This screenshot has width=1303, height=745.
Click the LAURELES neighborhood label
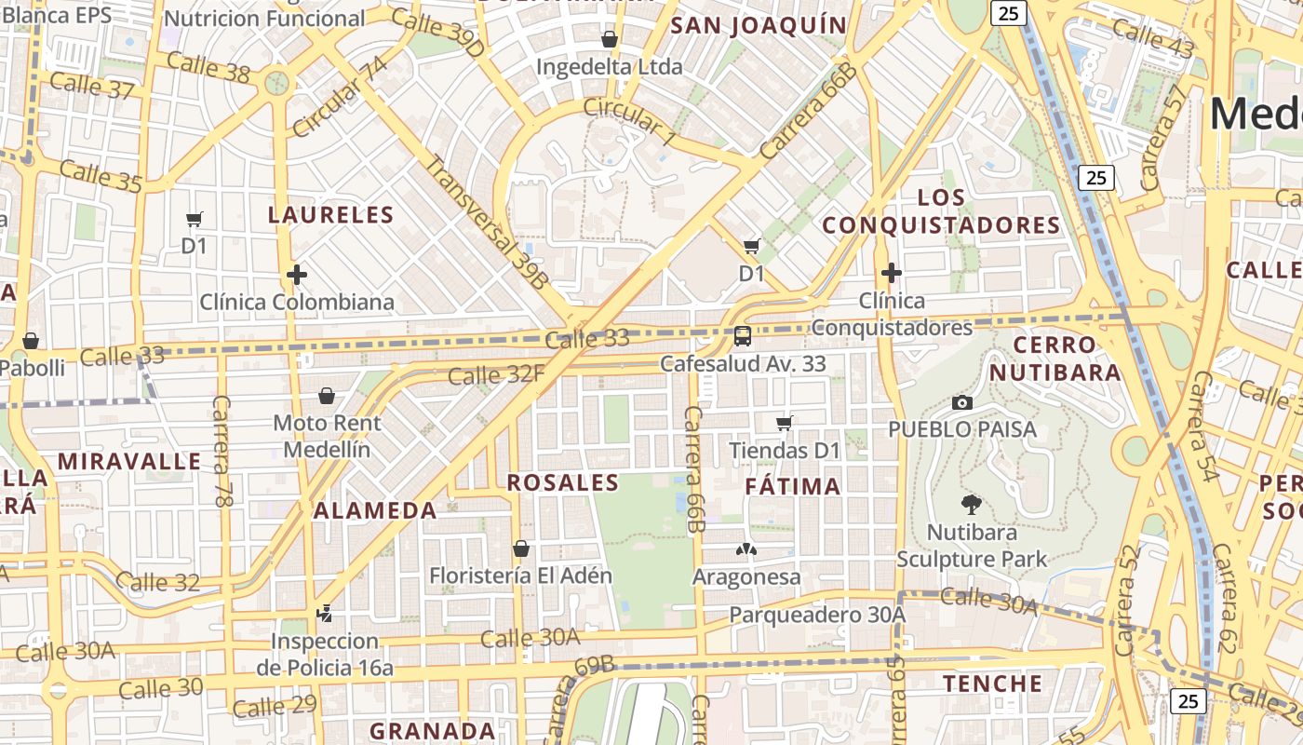330,215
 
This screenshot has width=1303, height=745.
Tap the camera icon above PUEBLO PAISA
962,402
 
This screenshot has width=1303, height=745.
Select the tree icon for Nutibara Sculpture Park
972,505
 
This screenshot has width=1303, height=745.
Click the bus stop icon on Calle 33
743,336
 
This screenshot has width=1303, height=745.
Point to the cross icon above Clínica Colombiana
297,275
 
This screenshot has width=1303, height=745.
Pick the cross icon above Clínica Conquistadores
891,273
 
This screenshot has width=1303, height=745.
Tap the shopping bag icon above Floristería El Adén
521,549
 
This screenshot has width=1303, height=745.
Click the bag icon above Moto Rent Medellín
327,396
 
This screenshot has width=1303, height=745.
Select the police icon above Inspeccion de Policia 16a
324,614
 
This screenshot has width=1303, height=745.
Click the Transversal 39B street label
486,222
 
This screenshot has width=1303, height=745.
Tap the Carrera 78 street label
222,451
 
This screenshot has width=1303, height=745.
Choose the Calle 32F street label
495,375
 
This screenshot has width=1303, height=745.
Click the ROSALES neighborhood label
562,482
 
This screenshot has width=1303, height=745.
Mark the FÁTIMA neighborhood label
793,486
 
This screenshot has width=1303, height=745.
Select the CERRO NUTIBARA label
1054,359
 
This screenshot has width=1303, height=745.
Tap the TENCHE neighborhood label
993,684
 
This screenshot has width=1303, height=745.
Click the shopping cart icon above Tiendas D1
785,424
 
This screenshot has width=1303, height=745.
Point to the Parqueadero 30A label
817,615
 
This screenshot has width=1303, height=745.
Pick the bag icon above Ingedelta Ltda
610,39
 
